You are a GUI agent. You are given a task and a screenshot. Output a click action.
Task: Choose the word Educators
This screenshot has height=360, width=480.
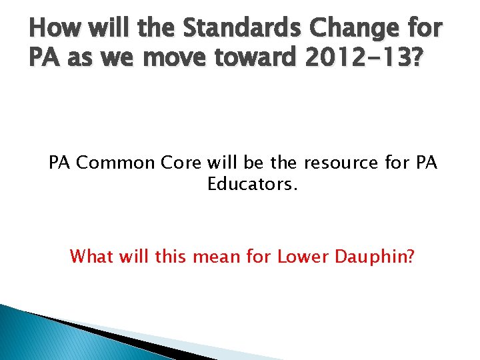click(252, 184)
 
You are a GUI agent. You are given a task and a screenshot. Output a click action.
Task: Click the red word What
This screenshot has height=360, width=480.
click(92, 256)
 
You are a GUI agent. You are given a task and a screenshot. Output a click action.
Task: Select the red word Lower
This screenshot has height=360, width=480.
click(299, 256)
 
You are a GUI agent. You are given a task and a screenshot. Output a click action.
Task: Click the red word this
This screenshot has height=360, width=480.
click(171, 256)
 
